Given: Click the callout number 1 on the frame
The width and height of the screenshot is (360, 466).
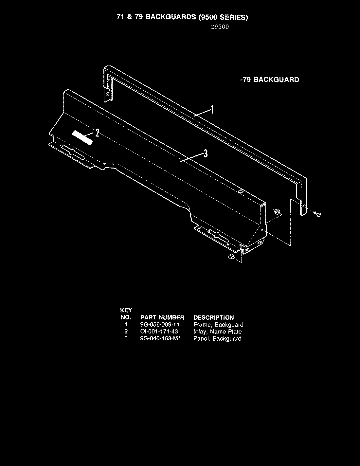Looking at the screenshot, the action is click(x=212, y=109).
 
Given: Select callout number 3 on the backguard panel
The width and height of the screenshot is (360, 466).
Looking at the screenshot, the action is click(x=206, y=153).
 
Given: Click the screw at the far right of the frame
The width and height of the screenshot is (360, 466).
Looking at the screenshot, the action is click(x=317, y=214).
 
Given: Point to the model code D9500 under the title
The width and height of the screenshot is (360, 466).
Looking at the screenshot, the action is click(x=220, y=27).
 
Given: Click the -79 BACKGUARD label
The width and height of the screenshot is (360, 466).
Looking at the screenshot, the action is click(x=269, y=80).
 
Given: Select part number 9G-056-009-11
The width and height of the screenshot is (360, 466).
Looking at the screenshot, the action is click(x=159, y=325).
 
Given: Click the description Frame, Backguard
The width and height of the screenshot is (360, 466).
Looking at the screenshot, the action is click(x=218, y=325).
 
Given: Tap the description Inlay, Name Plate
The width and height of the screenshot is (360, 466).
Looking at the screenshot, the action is click(x=217, y=332).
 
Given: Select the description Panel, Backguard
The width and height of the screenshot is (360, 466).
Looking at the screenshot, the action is click(x=217, y=339).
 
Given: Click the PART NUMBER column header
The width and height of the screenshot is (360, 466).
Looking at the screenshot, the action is click(x=162, y=317).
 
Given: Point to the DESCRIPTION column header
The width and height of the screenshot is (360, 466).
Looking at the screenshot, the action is click(x=214, y=317).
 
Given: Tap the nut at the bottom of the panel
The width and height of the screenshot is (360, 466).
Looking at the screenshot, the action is click(x=231, y=257).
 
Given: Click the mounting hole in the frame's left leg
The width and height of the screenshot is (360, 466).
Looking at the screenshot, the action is click(x=108, y=95).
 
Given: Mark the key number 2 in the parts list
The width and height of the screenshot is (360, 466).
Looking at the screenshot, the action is click(x=126, y=332).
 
